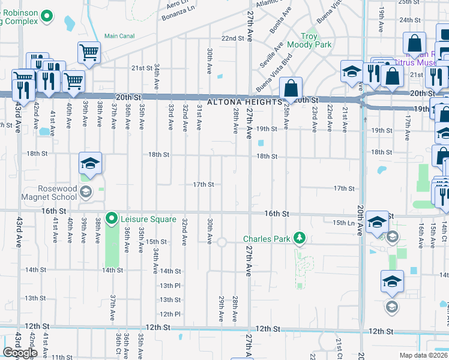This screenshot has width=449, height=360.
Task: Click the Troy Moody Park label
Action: pyautogui.click(x=309, y=41)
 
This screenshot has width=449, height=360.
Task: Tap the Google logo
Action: pyautogui.click(x=20, y=353)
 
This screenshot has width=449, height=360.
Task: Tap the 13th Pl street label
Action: pyautogui.click(x=170, y=286)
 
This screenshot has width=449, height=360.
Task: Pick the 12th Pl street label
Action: pyautogui.click(x=170, y=314)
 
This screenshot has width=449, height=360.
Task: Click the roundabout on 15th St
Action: pyautogui.click(x=221, y=242)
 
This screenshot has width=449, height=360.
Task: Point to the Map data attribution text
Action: pyautogui.click(x=424, y=355)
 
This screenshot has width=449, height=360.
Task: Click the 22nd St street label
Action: pyautogui.click(x=232, y=38)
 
